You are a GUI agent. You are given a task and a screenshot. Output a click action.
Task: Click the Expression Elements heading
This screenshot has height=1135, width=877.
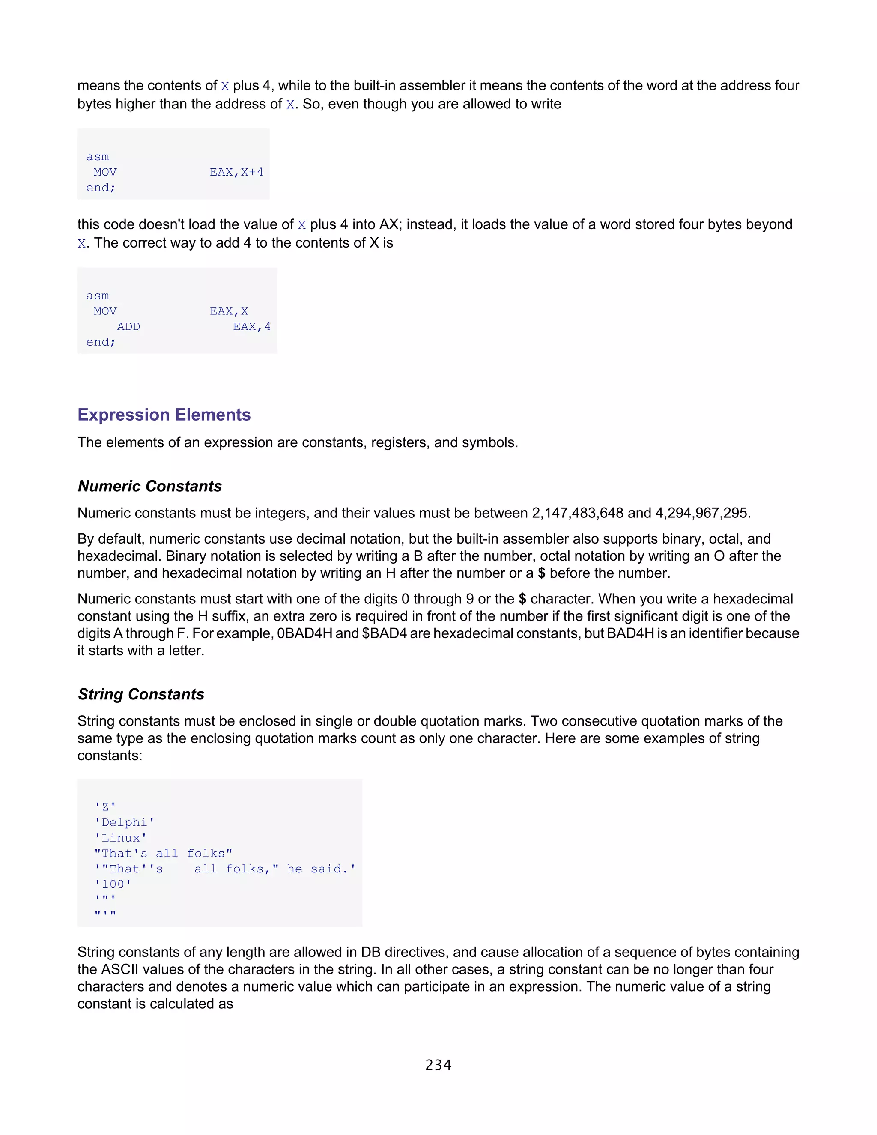pos(164,415)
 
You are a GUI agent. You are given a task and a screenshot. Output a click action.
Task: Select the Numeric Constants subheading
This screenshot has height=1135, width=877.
pos(149,486)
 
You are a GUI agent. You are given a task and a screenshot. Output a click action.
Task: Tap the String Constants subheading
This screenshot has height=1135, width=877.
pos(141,694)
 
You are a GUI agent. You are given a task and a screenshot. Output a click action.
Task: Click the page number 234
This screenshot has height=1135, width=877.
pos(438,1065)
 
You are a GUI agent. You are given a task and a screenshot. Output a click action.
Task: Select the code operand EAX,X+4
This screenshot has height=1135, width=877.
pos(236,172)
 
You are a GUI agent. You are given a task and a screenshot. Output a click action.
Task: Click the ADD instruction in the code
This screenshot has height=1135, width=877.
pos(128,326)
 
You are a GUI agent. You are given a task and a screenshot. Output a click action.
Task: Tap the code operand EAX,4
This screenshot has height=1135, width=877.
pos(251,326)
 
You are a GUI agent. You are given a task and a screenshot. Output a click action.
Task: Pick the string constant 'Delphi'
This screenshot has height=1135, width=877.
pos(125,822)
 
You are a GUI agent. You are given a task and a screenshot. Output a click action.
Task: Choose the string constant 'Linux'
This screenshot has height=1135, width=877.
pos(120,838)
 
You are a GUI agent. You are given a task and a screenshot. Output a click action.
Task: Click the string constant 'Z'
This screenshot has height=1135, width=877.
pos(105,806)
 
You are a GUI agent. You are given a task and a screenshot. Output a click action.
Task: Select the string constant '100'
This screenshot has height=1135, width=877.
pos(113,884)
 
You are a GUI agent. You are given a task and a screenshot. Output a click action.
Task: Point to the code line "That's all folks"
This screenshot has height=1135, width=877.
pos(163,853)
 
